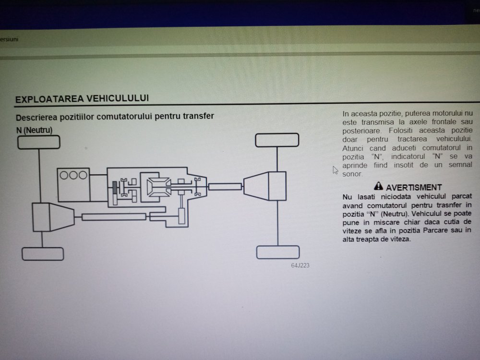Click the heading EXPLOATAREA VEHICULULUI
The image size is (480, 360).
click(x=82, y=98)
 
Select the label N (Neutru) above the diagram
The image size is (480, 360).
click(x=34, y=130)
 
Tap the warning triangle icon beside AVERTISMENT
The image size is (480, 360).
click(x=378, y=186)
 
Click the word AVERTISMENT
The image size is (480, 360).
click(x=414, y=187)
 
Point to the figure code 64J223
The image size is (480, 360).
click(x=300, y=265)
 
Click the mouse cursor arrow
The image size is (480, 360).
click(x=335, y=170)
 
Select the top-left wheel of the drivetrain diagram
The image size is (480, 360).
click(x=39, y=143)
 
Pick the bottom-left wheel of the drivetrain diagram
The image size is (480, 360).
click(x=43, y=254)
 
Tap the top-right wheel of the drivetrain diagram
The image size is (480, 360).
click(x=277, y=140)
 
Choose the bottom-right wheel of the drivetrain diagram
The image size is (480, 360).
click(x=278, y=252)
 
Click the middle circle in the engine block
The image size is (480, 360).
click(x=73, y=175)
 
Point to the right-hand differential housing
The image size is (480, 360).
click(x=265, y=186)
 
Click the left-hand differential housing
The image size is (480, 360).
click(x=53, y=217)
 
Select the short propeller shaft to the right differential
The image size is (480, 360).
click(x=225, y=186)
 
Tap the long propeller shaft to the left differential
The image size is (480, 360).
click(x=114, y=217)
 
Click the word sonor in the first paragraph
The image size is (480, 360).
click(x=352, y=174)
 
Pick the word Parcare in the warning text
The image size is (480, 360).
click(x=436, y=230)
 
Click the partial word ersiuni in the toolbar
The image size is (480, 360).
click(x=9, y=39)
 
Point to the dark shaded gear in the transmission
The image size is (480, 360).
click(x=115, y=188)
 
